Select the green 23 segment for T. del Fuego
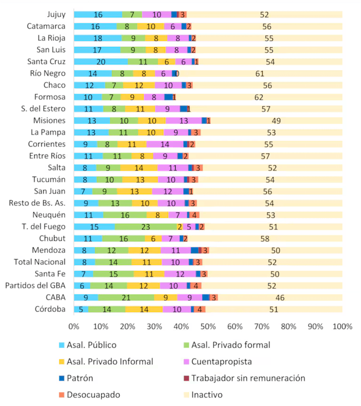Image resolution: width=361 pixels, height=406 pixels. (x=146, y=227)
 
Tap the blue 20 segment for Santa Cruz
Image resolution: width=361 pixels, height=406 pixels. (x=101, y=62)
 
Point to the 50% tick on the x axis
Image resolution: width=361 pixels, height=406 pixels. (x=208, y=327)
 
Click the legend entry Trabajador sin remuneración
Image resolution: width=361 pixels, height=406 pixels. (x=248, y=378)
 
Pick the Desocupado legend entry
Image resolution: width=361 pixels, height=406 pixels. (x=94, y=395)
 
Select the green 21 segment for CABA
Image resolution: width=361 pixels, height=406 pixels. (x=126, y=297)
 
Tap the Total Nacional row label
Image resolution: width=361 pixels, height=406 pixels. (x=40, y=262)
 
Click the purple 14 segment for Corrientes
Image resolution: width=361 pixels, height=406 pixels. (x=165, y=144)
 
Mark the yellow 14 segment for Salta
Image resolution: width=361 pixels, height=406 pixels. (x=139, y=168)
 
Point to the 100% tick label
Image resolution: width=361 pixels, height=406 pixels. (x=342, y=327)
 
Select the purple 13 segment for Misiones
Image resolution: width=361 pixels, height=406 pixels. (x=184, y=121)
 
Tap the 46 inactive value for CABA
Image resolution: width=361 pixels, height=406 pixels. (x=280, y=297)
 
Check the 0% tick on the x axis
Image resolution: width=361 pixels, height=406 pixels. (x=74, y=327)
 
